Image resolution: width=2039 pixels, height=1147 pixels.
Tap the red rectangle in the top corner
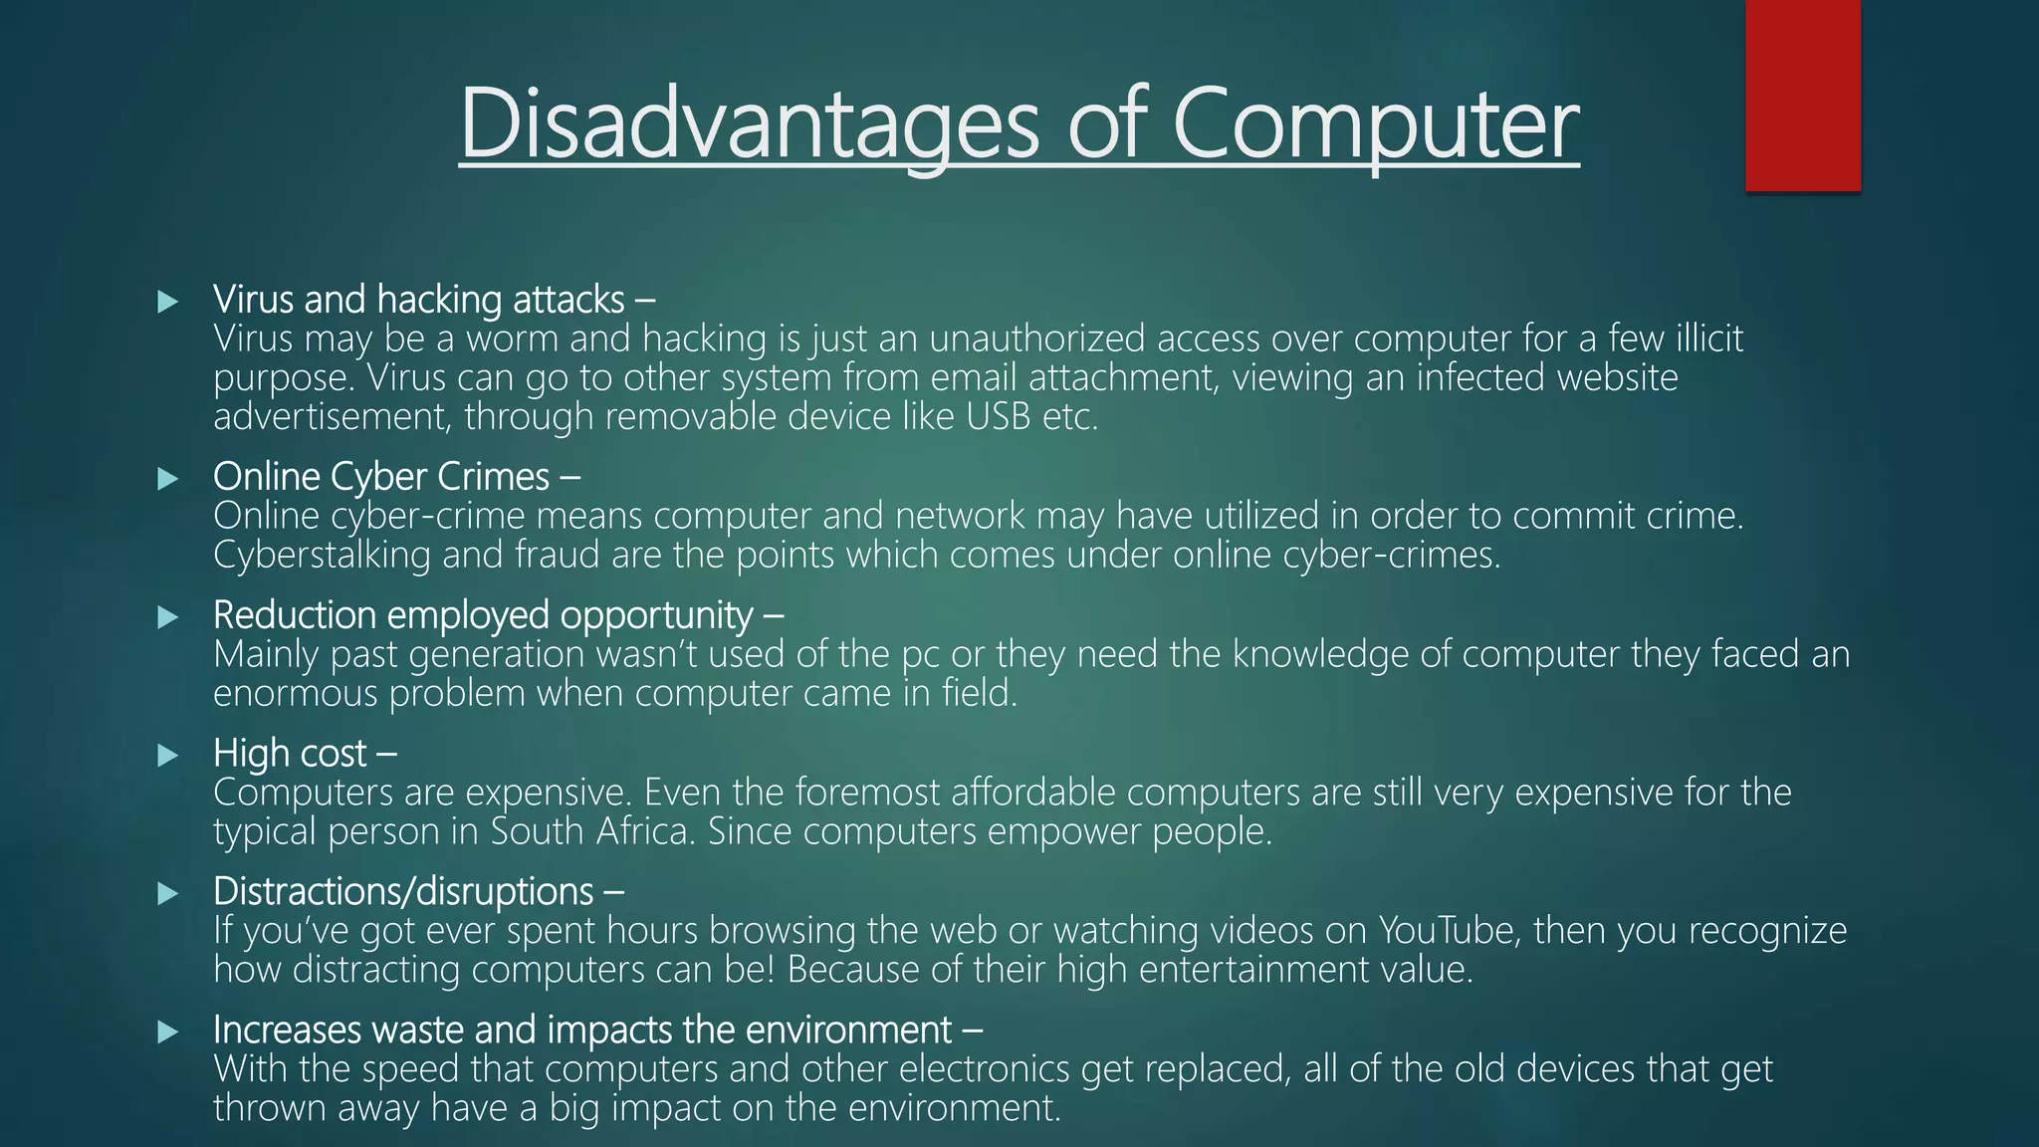[1802, 96]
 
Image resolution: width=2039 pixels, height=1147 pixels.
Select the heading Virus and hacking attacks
[419, 299]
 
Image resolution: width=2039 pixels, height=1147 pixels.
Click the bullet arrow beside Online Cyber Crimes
[167, 479]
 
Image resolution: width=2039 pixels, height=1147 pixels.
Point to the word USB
[998, 416]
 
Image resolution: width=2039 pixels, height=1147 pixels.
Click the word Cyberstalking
[322, 555]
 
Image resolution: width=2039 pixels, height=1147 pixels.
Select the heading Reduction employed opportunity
[483, 615]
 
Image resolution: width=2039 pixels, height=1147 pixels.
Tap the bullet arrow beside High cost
[167, 755]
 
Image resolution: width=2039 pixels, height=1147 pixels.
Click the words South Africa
[591, 831]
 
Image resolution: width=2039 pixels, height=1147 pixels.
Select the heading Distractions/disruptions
[403, 891]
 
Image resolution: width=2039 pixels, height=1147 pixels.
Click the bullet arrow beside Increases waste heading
[167, 1032]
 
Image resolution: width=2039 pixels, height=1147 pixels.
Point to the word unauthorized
[1036, 339]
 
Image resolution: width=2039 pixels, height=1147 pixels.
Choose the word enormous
[296, 693]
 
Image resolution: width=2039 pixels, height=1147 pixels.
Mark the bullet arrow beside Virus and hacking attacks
[167, 302]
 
